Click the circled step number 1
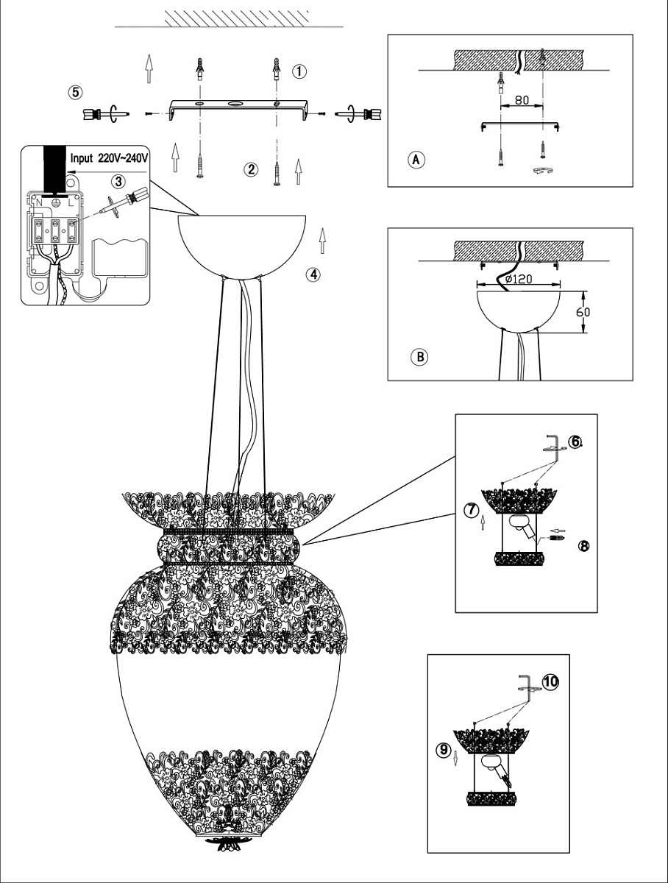click(x=299, y=71)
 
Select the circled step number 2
click(x=252, y=169)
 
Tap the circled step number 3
click(x=118, y=181)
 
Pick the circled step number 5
click(x=75, y=93)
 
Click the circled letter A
click(x=417, y=159)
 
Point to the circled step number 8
click(x=584, y=545)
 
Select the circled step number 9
click(x=442, y=750)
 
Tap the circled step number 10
click(x=551, y=681)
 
